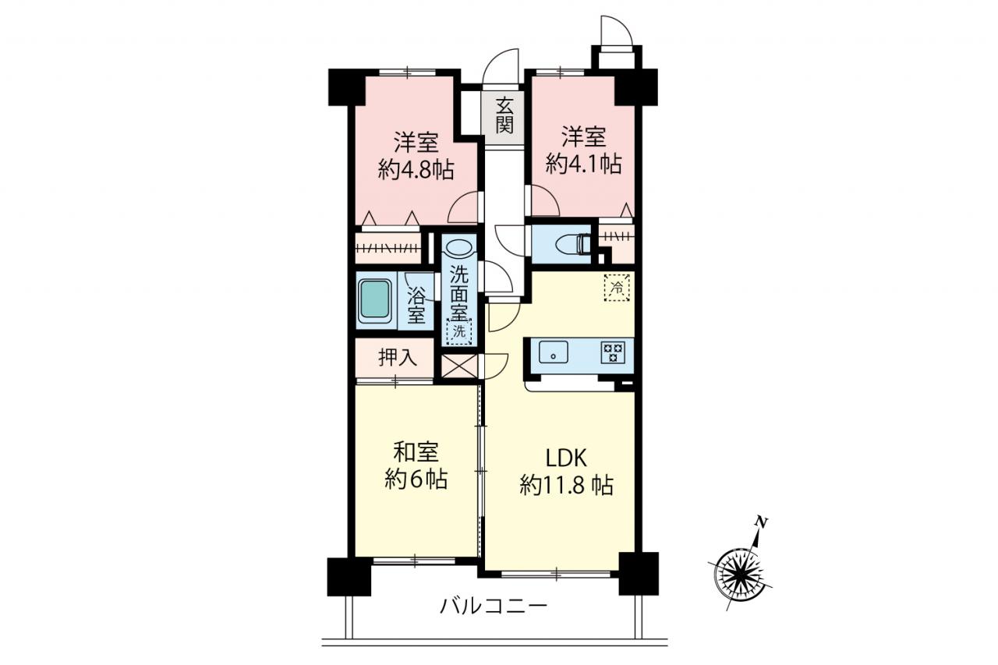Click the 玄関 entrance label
[x=504, y=117]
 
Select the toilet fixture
[x=574, y=245]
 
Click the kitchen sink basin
[x=554, y=352]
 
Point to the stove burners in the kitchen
[x=613, y=352]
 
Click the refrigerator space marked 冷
[x=617, y=288]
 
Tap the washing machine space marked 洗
[x=459, y=332]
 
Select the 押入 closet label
[x=398, y=357]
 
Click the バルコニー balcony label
[x=494, y=607]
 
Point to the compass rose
[x=740, y=574]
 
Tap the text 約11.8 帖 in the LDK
[x=566, y=485]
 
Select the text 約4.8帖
[x=416, y=169]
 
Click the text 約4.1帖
[x=584, y=164]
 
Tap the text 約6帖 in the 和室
[x=416, y=479]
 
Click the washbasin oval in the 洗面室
[x=459, y=246]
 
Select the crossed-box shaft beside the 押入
[x=459, y=366]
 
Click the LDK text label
[x=566, y=458]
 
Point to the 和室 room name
[x=416, y=452]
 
